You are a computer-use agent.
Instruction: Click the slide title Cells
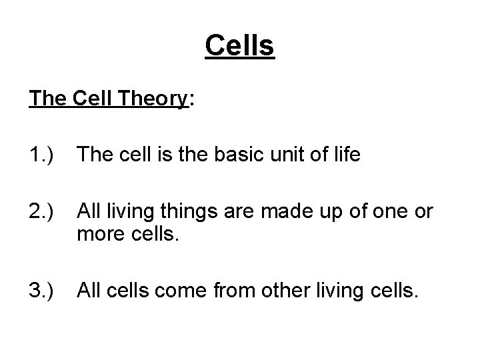coord(240,46)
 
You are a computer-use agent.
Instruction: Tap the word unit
coord(278,155)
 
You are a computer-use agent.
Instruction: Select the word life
coord(345,155)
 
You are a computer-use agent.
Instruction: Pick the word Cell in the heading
coord(95,99)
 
